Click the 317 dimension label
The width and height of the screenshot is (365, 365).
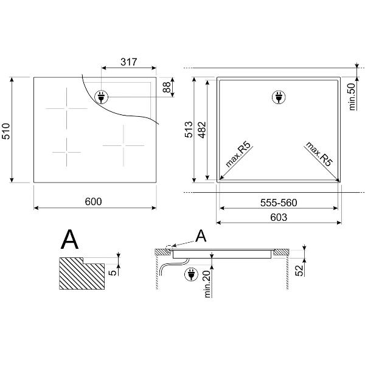129,62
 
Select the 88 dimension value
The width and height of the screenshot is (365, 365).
167,87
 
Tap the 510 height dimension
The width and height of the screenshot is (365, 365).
6,131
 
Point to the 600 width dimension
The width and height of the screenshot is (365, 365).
93,201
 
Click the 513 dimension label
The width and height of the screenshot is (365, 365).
189,130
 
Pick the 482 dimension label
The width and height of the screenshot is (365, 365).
203,130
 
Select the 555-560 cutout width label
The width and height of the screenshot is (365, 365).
279,203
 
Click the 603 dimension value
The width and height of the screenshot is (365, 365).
279,217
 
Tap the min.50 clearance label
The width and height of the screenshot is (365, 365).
352,97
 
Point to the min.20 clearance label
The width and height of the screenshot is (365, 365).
207,283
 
